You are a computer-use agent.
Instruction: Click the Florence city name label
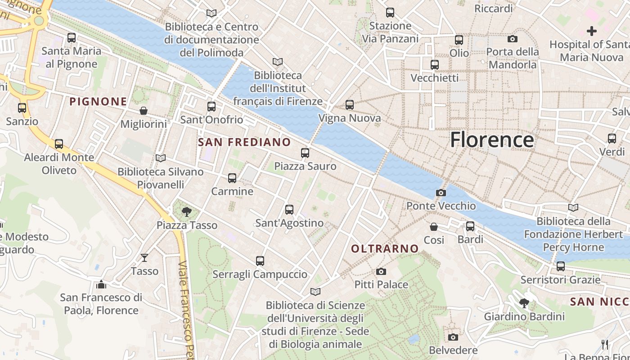[492, 139]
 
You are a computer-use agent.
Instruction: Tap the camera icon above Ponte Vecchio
[441, 193]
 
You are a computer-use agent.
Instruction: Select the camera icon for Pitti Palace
[381, 271]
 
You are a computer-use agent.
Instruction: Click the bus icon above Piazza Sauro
[305, 153]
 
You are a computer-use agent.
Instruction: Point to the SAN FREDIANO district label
[244, 142]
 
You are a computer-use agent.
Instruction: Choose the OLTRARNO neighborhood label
[385, 248]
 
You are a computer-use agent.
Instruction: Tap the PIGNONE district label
[98, 101]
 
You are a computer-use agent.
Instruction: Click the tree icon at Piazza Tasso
[186, 212]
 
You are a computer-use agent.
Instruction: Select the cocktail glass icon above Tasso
[144, 258]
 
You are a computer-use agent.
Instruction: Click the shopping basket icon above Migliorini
[144, 111]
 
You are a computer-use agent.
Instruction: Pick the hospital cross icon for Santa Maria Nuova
[592, 31]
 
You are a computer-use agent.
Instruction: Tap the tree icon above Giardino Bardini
[524, 303]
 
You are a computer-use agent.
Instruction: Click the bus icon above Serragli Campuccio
[260, 261]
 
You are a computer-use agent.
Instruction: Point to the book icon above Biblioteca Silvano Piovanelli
[161, 158]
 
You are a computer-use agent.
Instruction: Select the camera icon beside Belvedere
[453, 337]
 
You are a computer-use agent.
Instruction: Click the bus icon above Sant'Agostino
[289, 210]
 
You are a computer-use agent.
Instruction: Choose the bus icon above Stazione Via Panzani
[390, 13]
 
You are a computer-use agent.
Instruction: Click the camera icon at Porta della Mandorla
[513, 39]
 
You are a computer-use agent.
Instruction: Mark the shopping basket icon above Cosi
[434, 227]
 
